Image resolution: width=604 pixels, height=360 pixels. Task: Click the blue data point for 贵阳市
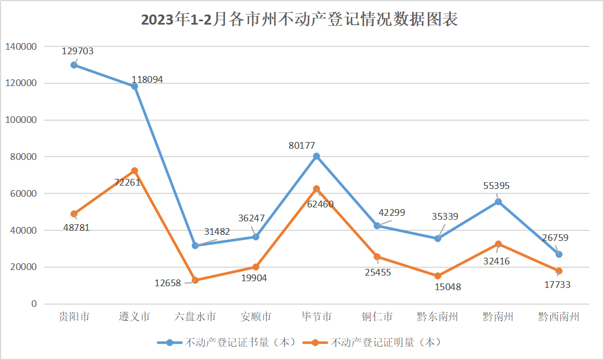(74, 65)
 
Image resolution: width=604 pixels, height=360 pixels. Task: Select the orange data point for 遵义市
(134, 170)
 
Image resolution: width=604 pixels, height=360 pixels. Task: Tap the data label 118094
(147, 80)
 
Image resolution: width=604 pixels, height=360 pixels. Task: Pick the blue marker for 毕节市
(317, 157)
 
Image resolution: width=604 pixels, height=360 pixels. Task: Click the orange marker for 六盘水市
(195, 280)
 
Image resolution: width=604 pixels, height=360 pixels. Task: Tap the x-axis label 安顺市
(256, 317)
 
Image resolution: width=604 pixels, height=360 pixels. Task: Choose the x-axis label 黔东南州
(437, 317)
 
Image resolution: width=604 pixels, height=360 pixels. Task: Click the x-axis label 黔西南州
(558, 317)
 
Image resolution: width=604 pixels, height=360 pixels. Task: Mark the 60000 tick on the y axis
(22, 193)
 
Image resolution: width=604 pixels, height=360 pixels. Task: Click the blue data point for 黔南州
(498, 202)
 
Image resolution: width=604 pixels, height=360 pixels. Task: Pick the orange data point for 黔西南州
(558, 271)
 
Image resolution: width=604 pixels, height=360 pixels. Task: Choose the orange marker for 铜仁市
(377, 257)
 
